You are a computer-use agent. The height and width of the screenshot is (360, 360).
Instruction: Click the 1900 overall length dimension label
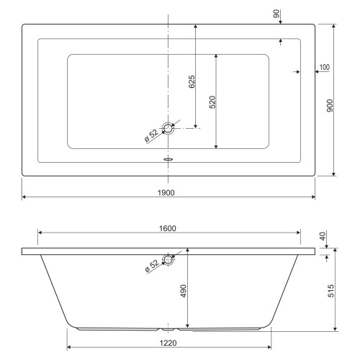166,193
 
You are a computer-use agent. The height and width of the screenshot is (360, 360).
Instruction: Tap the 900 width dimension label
330,106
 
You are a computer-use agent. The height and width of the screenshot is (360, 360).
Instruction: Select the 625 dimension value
192,82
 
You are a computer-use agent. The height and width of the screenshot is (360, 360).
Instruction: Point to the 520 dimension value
212,102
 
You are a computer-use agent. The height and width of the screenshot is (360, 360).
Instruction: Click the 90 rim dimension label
276,14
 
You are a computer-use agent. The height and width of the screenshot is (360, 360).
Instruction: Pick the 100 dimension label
325,67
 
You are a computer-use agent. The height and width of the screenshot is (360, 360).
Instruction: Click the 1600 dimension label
168,228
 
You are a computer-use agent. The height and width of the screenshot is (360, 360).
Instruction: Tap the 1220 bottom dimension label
168,343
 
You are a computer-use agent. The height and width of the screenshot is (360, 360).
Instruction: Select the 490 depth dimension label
184,291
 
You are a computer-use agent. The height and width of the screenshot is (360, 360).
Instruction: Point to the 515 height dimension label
330,291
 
